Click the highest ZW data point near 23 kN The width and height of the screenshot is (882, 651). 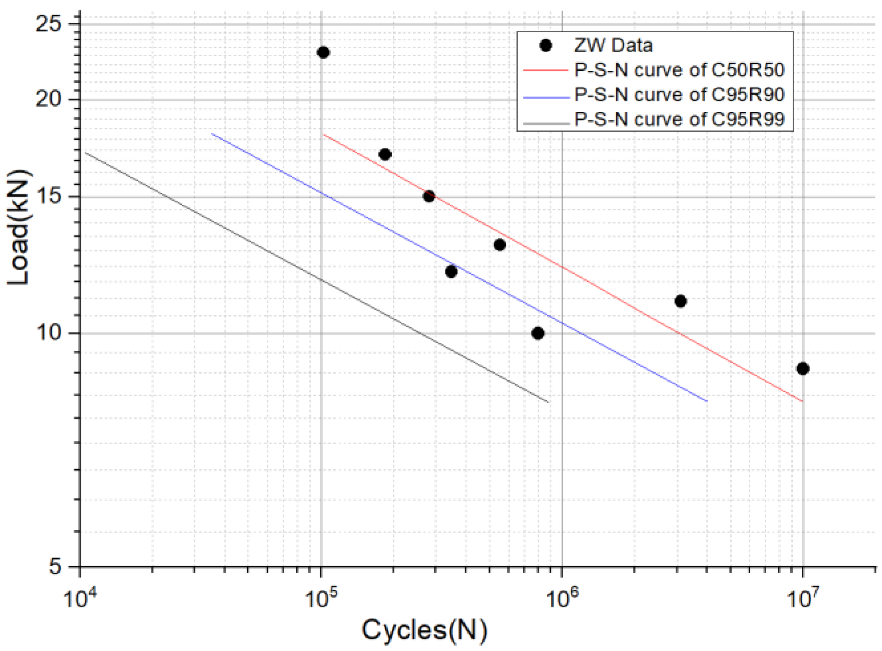(x=323, y=53)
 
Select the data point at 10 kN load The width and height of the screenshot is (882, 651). (x=538, y=333)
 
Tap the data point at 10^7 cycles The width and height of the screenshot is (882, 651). (x=803, y=368)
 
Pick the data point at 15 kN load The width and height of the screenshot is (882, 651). (x=429, y=196)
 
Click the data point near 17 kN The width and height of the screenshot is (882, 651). (x=385, y=154)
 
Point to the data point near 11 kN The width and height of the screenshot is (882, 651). (x=680, y=301)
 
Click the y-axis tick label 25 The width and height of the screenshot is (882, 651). (x=48, y=23)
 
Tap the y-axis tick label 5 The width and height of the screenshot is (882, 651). (x=55, y=566)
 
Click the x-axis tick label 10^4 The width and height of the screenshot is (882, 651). (x=80, y=598)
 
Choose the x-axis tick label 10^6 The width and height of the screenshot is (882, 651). (x=562, y=598)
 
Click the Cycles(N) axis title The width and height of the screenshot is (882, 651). (x=424, y=630)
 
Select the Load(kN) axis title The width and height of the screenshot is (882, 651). (x=19, y=227)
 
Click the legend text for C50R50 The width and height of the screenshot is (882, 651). (x=679, y=70)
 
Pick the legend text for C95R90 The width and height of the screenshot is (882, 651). (x=679, y=95)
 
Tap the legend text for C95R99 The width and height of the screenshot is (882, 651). (x=679, y=119)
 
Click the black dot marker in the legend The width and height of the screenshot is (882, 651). (x=546, y=46)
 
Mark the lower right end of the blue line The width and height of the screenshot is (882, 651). (x=706, y=401)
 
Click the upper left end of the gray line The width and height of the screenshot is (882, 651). (x=86, y=153)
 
